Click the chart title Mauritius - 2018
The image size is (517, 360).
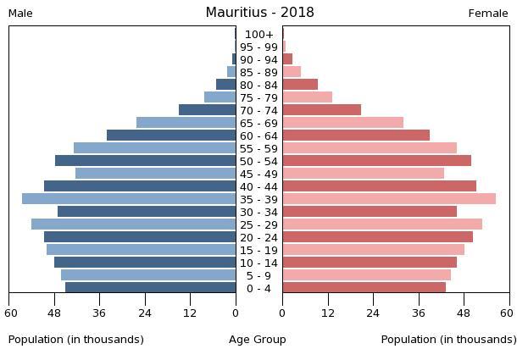(x=259, y=13)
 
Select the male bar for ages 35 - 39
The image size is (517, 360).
(x=129, y=199)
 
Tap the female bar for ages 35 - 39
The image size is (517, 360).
(x=389, y=199)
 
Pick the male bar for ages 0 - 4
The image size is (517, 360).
(x=151, y=288)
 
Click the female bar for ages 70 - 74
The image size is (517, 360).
(x=322, y=110)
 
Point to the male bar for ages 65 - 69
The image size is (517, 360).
(x=186, y=123)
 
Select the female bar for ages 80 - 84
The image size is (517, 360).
(x=300, y=85)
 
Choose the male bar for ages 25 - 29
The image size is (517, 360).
(x=134, y=224)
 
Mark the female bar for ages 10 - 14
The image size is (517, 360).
(x=370, y=263)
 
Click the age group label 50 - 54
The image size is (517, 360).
(x=258, y=161)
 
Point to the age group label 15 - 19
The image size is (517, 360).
(x=258, y=250)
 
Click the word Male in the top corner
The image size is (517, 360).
(x=20, y=14)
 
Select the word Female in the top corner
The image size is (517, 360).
(x=488, y=14)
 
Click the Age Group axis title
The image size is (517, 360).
(x=258, y=340)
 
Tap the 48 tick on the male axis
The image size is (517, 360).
(x=55, y=311)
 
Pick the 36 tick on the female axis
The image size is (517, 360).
(x=420, y=311)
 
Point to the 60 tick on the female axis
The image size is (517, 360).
(x=510, y=311)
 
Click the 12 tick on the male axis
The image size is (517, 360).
(x=191, y=311)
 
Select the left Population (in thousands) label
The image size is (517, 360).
(x=76, y=340)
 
